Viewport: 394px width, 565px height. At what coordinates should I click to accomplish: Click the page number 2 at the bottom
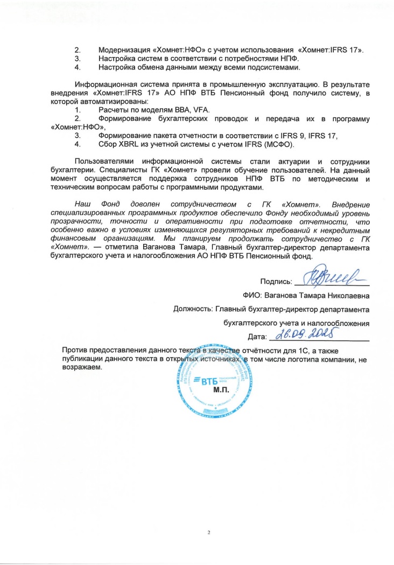[209, 532]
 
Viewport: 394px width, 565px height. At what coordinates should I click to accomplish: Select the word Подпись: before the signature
[276, 281]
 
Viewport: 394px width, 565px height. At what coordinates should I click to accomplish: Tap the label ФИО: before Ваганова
[252, 296]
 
